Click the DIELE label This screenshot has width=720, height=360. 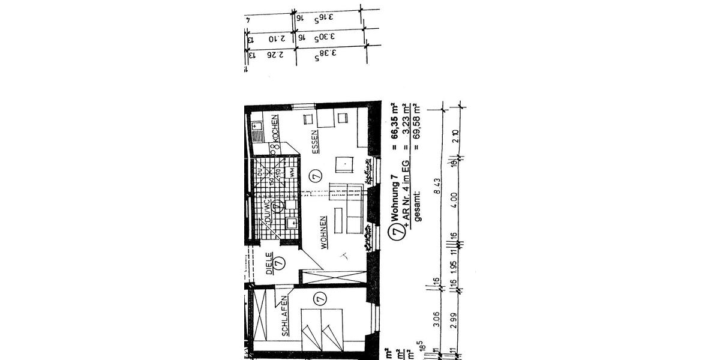click(269, 262)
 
